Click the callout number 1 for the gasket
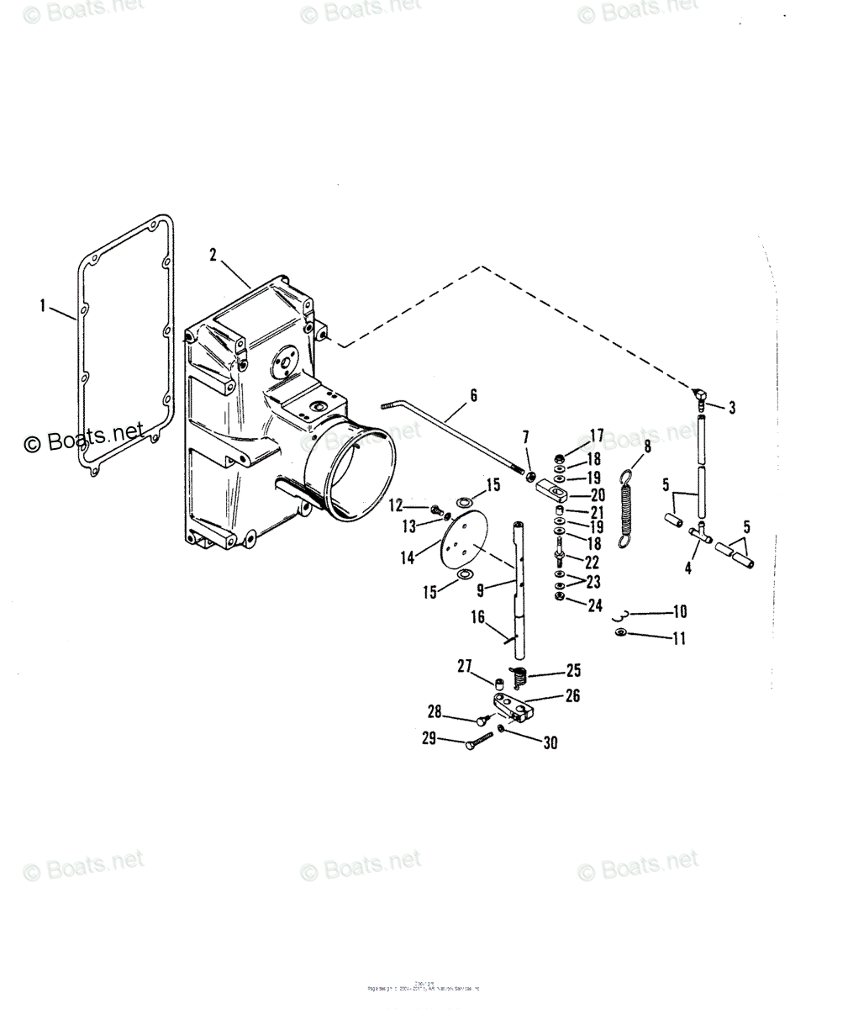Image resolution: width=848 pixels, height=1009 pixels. pyautogui.click(x=42, y=304)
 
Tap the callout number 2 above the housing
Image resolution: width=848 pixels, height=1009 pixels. pyautogui.click(x=213, y=253)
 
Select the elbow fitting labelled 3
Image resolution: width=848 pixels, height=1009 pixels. pyautogui.click(x=700, y=395)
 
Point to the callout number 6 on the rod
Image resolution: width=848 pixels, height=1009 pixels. pyautogui.click(x=473, y=394)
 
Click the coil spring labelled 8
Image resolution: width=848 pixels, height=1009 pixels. pyautogui.click(x=626, y=508)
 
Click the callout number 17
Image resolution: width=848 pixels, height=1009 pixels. pyautogui.click(x=596, y=435)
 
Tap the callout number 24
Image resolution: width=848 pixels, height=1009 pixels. pyautogui.click(x=595, y=605)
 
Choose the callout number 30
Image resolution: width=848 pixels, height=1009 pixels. pyautogui.click(x=550, y=742)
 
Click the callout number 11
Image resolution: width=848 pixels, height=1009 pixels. pyautogui.click(x=679, y=638)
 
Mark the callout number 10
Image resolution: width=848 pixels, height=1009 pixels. pyautogui.click(x=679, y=612)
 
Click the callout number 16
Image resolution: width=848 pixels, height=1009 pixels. pyautogui.click(x=477, y=618)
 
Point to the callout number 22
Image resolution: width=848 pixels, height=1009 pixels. pyautogui.click(x=593, y=563)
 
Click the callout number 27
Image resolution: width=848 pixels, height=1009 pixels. pyautogui.click(x=464, y=666)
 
